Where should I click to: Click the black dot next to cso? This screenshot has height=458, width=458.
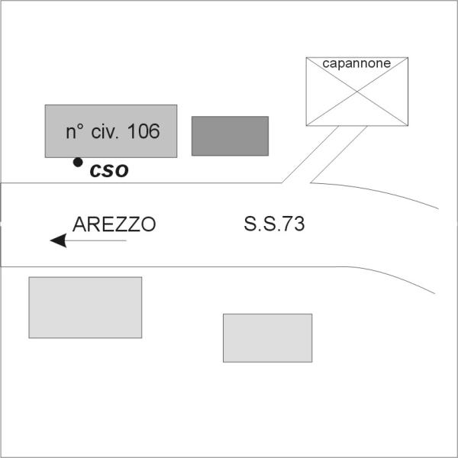tap(78, 162)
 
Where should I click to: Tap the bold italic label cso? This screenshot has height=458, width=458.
tap(109, 170)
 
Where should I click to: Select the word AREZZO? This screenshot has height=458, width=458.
tap(114, 224)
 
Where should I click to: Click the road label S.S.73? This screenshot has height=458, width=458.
tap(274, 224)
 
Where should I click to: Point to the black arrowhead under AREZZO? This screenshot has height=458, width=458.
tap(59, 240)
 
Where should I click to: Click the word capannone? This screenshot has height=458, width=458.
tap(356, 63)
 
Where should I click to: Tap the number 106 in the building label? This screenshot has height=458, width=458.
tap(144, 131)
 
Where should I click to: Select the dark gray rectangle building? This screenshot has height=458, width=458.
tap(230, 136)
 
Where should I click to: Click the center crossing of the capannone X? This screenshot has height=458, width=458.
tap(357, 92)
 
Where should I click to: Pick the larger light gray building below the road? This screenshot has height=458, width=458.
tap(85, 308)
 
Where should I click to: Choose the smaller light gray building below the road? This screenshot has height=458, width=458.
tap(268, 338)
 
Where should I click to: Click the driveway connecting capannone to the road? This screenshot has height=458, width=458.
tap(324, 154)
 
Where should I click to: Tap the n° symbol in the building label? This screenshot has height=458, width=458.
tap(75, 131)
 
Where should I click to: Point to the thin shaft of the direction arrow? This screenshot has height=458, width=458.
tap(96, 240)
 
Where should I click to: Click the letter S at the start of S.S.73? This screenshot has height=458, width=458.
tap(250, 224)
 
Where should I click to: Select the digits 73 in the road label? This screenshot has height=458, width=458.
tap(294, 224)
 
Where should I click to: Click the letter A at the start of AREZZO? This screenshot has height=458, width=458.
tap(79, 224)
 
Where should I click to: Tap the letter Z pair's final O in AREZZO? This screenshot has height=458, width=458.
tap(149, 224)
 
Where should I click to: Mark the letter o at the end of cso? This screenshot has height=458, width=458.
tap(121, 171)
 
